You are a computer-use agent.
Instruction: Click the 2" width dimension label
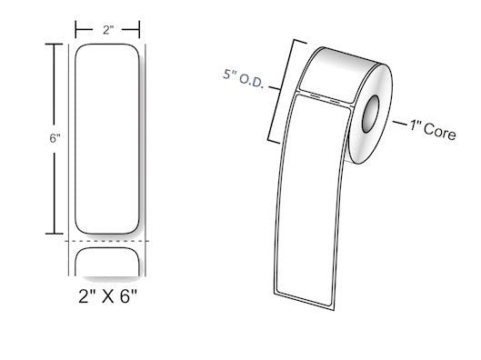[108, 30]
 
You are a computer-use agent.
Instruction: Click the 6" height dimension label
[55, 138]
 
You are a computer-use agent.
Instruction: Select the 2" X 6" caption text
[107, 296]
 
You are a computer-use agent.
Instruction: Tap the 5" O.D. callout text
[244, 78]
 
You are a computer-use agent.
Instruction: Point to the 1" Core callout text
[433, 130]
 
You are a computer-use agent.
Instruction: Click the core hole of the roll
[371, 114]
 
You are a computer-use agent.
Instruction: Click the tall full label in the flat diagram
[107, 139]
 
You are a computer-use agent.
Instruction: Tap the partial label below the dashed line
[107, 262]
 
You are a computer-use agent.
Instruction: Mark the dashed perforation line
[106, 241]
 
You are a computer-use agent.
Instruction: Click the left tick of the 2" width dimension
[75, 29]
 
